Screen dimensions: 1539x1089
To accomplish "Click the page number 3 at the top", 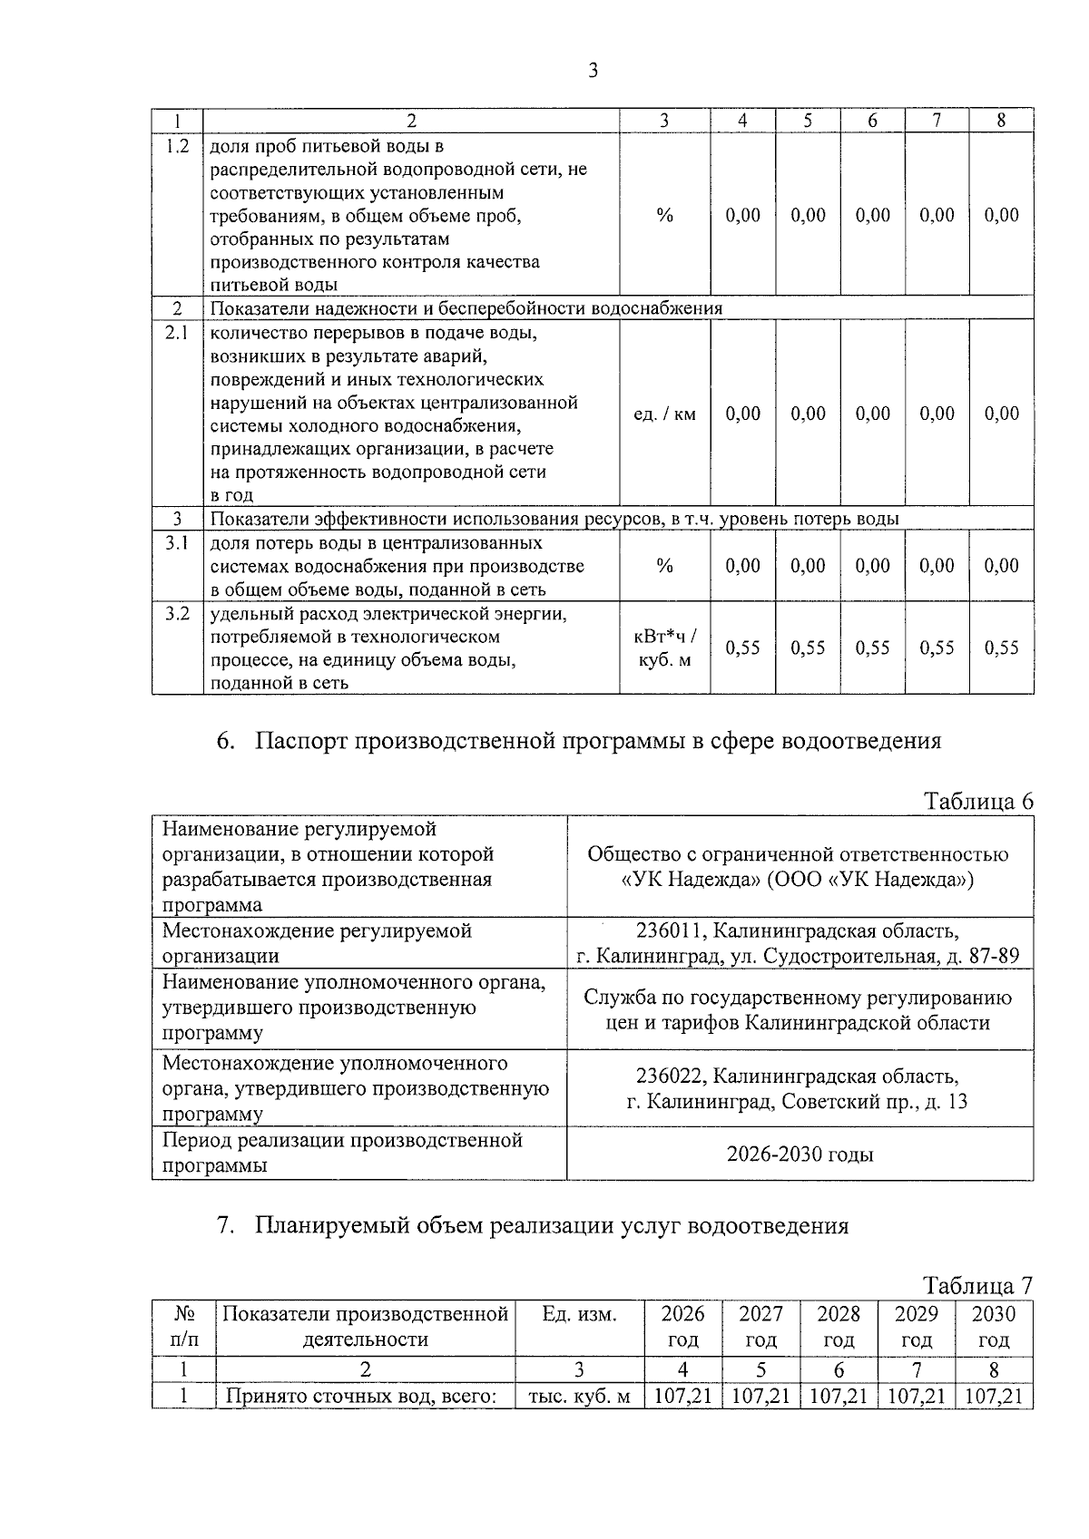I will point(593,71).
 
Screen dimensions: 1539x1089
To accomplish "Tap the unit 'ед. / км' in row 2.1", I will point(664,414).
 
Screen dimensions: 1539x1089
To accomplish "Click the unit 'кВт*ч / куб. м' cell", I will point(664,648).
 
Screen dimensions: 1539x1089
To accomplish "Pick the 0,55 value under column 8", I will point(1001,648).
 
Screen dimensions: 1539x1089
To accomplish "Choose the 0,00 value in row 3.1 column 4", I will point(742,566).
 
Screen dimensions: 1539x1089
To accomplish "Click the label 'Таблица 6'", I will point(977,801).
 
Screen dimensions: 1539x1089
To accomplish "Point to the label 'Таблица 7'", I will point(977,1285).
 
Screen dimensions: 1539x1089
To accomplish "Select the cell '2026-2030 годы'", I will point(800,1154).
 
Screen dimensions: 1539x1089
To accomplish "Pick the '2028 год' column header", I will point(839,1327).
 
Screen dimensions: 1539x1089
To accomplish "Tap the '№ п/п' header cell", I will point(183,1327).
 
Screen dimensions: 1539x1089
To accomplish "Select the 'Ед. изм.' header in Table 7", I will point(579,1314).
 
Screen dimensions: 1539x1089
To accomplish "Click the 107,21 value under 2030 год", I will point(994,1396).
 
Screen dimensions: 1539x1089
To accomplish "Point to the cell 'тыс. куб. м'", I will point(579,1397).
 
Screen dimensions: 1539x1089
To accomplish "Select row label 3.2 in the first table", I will point(178,614).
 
